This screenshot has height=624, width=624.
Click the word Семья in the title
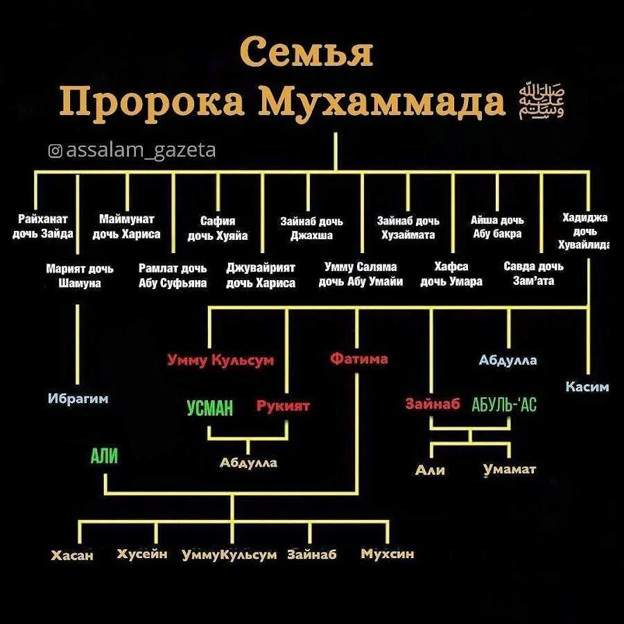(x=307, y=53)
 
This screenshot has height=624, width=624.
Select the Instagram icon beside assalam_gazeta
(x=56, y=150)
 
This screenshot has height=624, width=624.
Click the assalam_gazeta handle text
(x=140, y=150)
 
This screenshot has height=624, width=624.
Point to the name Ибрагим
(x=78, y=399)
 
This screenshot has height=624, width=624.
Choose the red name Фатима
(x=358, y=359)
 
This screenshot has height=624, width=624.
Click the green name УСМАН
(x=209, y=408)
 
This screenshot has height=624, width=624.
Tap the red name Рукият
(x=283, y=406)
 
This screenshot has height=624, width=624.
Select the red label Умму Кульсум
(x=220, y=361)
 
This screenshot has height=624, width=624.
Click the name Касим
(x=587, y=387)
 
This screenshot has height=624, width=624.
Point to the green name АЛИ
(x=104, y=456)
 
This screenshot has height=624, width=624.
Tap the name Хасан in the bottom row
(x=72, y=555)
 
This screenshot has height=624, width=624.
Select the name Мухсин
(x=387, y=554)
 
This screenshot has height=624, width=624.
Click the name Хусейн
(x=142, y=554)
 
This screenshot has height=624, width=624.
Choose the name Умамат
(x=510, y=469)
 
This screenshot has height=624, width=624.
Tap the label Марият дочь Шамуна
(x=80, y=275)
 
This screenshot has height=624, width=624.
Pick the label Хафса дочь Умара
(x=451, y=274)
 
